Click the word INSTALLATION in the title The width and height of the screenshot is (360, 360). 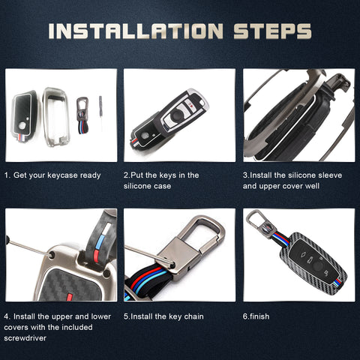coord(136,31)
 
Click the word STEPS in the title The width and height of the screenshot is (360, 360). coord(272,31)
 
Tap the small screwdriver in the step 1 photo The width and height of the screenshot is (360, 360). coord(100,112)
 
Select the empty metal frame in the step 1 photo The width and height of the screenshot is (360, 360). coord(55,117)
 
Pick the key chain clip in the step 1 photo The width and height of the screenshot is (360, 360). coord(82,115)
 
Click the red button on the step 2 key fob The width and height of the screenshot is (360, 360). coord(192,106)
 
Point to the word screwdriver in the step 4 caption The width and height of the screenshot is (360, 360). coord(25,338)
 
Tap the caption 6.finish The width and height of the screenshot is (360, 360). coord(256,316)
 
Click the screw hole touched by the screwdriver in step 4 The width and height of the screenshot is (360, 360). coord(52,255)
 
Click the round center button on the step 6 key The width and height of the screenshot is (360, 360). coord(318,266)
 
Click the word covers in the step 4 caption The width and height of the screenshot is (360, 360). coord(16,327)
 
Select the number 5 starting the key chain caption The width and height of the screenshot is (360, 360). coord(126,316)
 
